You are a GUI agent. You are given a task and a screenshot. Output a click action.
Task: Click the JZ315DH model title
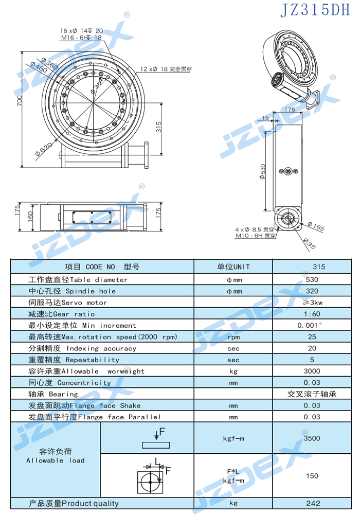pos(315,9)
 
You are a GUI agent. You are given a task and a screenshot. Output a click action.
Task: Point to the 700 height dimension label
pos(20,100)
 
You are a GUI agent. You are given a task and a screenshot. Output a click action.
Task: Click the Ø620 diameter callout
pos(43,149)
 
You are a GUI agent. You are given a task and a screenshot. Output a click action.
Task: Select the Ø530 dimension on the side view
pos(262,171)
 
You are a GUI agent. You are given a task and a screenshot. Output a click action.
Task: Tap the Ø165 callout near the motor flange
pos(316,226)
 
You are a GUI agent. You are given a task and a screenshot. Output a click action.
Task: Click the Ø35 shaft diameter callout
pos(310,243)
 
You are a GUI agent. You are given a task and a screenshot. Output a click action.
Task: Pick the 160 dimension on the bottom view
pos(30,217)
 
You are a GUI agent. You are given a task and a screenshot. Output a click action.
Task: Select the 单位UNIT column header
pos(233,267)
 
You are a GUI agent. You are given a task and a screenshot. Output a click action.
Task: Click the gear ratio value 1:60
pos(312,314)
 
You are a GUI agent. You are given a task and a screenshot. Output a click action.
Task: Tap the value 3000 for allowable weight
pos(312,371)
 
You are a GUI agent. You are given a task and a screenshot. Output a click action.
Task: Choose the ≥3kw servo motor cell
pos(312,303)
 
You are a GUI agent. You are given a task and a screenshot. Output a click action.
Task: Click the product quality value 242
pos(313,503)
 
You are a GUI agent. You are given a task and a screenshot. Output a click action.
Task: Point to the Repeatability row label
pos(74,360)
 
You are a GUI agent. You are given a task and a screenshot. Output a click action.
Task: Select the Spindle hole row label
pos(72,291)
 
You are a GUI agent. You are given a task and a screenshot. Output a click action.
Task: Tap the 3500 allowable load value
pos(312,438)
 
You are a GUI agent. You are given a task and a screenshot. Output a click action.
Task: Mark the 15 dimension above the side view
pos(265,118)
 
